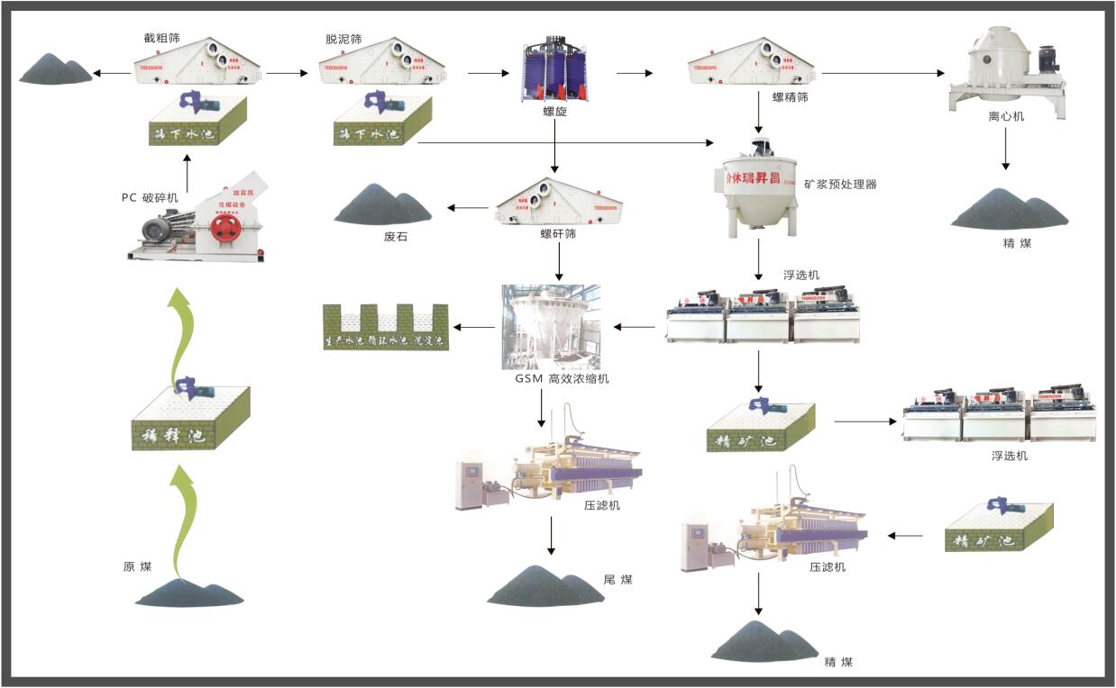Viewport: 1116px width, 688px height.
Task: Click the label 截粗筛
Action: click(162, 39)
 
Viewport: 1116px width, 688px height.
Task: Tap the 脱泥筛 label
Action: click(343, 40)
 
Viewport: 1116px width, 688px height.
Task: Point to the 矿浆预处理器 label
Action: click(840, 185)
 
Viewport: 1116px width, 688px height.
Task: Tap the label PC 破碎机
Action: click(150, 197)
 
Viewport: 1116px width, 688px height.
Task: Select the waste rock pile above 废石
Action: click(383, 205)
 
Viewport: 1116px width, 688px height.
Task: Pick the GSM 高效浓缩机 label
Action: click(556, 378)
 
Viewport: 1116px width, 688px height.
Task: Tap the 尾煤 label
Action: click(617, 579)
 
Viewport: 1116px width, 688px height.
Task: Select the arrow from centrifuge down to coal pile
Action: click(1005, 155)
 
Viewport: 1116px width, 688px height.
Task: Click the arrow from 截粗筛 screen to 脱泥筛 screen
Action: click(287, 73)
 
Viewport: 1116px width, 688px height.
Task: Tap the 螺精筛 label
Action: click(790, 97)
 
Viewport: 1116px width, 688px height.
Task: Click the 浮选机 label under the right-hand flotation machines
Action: click(1009, 456)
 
